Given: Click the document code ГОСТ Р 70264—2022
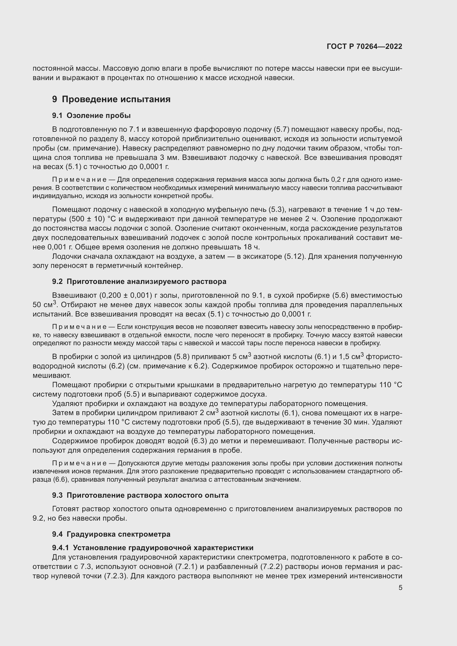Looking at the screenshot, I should [364, 46].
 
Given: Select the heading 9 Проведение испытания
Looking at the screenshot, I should [111, 99].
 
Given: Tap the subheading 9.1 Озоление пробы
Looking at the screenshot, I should [91, 116].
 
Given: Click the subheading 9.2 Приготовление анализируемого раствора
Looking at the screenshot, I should [139, 281].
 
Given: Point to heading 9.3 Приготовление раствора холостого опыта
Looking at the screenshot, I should [140, 495].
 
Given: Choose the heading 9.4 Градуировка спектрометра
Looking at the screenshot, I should [111, 534].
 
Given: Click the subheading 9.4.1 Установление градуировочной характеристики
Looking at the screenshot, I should [153, 547].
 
